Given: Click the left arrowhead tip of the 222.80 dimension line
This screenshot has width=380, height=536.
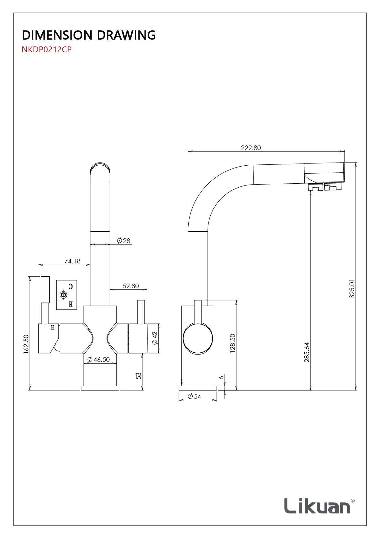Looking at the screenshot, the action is coord(188,151).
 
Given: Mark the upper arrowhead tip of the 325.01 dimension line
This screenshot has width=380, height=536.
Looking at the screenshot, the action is coord(356,163).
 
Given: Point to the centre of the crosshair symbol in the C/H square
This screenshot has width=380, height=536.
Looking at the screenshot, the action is coord(63,295).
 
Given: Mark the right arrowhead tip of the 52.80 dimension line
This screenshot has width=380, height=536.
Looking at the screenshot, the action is coord(147,289).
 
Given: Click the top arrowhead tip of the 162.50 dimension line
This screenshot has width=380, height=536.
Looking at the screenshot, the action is coord(30,277).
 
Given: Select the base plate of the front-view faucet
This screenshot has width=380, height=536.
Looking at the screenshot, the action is coord(100,388).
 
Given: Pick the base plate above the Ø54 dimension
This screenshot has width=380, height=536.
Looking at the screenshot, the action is coord(198,388).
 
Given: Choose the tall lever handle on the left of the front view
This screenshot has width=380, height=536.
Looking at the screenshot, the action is coord(45,300).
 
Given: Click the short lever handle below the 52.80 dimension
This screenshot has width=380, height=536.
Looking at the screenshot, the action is coord(141,312).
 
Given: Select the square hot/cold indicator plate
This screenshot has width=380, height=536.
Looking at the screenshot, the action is coord(66,295).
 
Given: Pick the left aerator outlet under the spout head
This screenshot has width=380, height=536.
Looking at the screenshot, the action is coord(315,187).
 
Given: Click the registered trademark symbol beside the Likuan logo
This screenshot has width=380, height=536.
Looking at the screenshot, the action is coord(353,501).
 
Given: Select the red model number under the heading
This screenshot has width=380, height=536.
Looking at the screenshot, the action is coord(47,50).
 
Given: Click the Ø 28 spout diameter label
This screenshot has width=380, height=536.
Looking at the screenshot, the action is coord(124,240).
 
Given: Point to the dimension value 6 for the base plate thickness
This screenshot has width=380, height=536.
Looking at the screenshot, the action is coord(221,377).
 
